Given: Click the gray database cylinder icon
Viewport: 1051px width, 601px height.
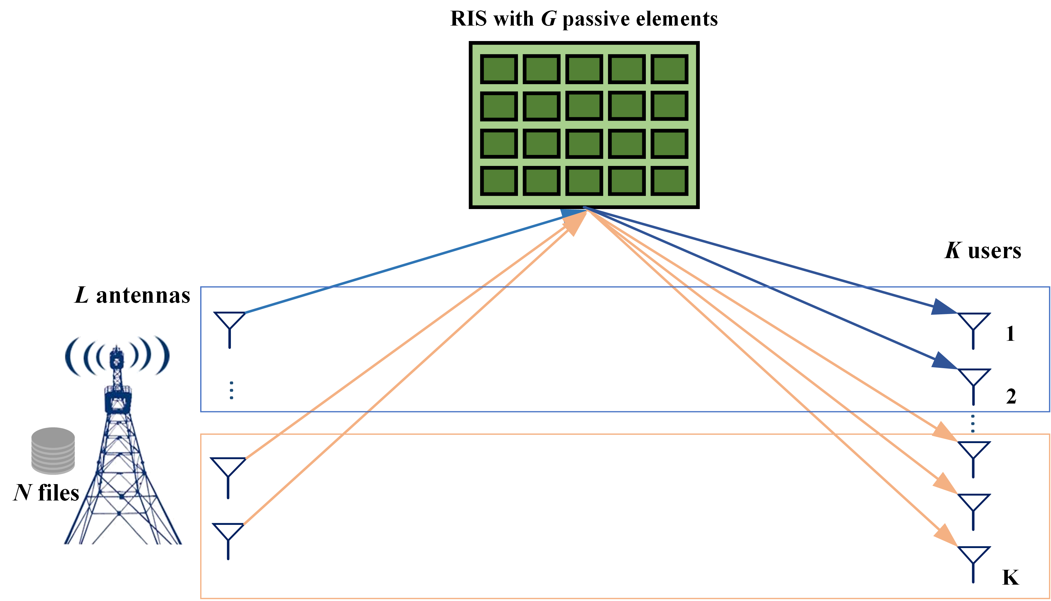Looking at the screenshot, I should click(x=53, y=451).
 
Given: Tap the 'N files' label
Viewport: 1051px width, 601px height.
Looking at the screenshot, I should click(x=46, y=493).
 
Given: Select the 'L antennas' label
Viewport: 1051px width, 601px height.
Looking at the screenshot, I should click(x=132, y=296).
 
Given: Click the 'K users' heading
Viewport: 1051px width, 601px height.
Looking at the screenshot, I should click(x=983, y=251).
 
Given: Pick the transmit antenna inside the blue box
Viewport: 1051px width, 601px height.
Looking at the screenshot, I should click(x=230, y=329).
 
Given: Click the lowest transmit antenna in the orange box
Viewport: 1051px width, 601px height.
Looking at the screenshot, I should click(x=228, y=540).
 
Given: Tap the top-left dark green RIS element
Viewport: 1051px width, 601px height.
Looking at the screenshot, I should click(x=499, y=69).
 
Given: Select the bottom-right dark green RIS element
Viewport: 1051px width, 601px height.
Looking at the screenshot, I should click(x=669, y=181).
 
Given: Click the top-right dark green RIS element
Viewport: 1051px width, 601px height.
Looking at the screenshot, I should click(x=669, y=69).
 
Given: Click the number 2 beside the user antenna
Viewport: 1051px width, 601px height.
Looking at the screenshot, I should click(x=1011, y=397).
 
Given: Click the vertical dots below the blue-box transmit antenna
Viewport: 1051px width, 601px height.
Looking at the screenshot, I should click(x=231, y=390).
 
